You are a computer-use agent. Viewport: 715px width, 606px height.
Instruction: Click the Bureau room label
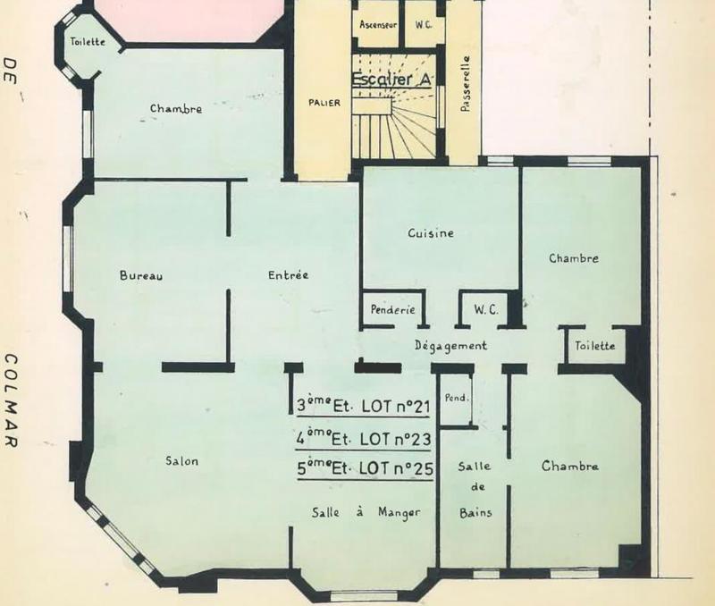141,275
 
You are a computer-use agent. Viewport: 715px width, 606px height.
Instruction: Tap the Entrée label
288,275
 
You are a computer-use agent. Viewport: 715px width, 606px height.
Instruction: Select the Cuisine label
431,233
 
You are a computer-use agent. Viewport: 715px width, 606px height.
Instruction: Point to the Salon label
182,461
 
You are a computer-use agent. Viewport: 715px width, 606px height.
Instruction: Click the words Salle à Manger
366,512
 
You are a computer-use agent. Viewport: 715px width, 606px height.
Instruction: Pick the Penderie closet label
392,309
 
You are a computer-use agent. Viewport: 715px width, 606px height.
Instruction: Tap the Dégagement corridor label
450,346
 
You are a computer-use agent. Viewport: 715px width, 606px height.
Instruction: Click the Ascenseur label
378,25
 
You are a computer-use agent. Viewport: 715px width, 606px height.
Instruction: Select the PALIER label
324,103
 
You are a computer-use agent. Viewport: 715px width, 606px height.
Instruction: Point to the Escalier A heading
391,79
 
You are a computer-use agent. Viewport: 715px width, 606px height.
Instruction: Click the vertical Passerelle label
465,84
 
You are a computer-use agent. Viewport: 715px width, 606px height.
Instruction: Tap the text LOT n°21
395,407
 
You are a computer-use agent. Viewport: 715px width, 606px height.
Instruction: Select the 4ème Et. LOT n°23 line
364,439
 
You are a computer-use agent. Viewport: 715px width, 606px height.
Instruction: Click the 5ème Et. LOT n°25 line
365,468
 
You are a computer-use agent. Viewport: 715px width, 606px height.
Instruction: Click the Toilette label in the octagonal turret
88,41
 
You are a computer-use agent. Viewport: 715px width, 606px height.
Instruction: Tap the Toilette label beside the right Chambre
594,346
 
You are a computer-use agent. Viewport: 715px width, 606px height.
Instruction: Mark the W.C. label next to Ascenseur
423,25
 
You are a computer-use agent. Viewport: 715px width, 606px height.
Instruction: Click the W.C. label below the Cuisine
485,310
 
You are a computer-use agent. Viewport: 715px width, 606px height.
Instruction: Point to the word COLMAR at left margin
11,400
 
